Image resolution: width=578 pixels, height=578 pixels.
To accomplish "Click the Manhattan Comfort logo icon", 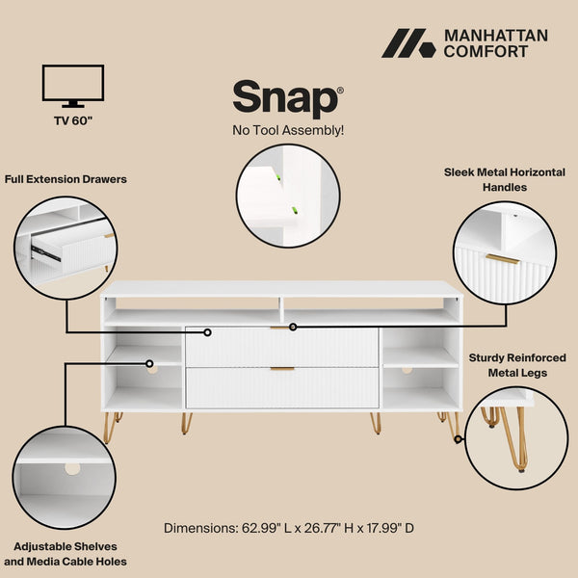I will (407, 43).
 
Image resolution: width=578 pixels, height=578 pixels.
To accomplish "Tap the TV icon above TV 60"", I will (73, 85).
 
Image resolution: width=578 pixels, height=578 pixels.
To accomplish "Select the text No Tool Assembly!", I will (288, 130).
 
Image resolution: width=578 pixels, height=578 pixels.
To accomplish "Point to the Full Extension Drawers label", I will (66, 179).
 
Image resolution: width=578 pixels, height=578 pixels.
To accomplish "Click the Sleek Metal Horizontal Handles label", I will (505, 179).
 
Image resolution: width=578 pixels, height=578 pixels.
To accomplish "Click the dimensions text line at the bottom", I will (289, 528).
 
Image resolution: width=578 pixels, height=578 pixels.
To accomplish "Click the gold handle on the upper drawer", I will (282, 328).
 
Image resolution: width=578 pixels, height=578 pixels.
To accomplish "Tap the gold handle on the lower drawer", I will (282, 369).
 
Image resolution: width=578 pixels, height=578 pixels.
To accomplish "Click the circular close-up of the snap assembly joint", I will (288, 197).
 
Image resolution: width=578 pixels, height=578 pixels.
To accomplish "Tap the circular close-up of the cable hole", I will (66, 469).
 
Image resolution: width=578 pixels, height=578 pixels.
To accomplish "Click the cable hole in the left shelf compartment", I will (151, 366).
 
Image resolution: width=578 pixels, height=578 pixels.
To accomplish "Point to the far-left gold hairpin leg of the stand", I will (110, 426).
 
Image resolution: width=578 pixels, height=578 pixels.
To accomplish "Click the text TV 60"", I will (73, 121).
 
